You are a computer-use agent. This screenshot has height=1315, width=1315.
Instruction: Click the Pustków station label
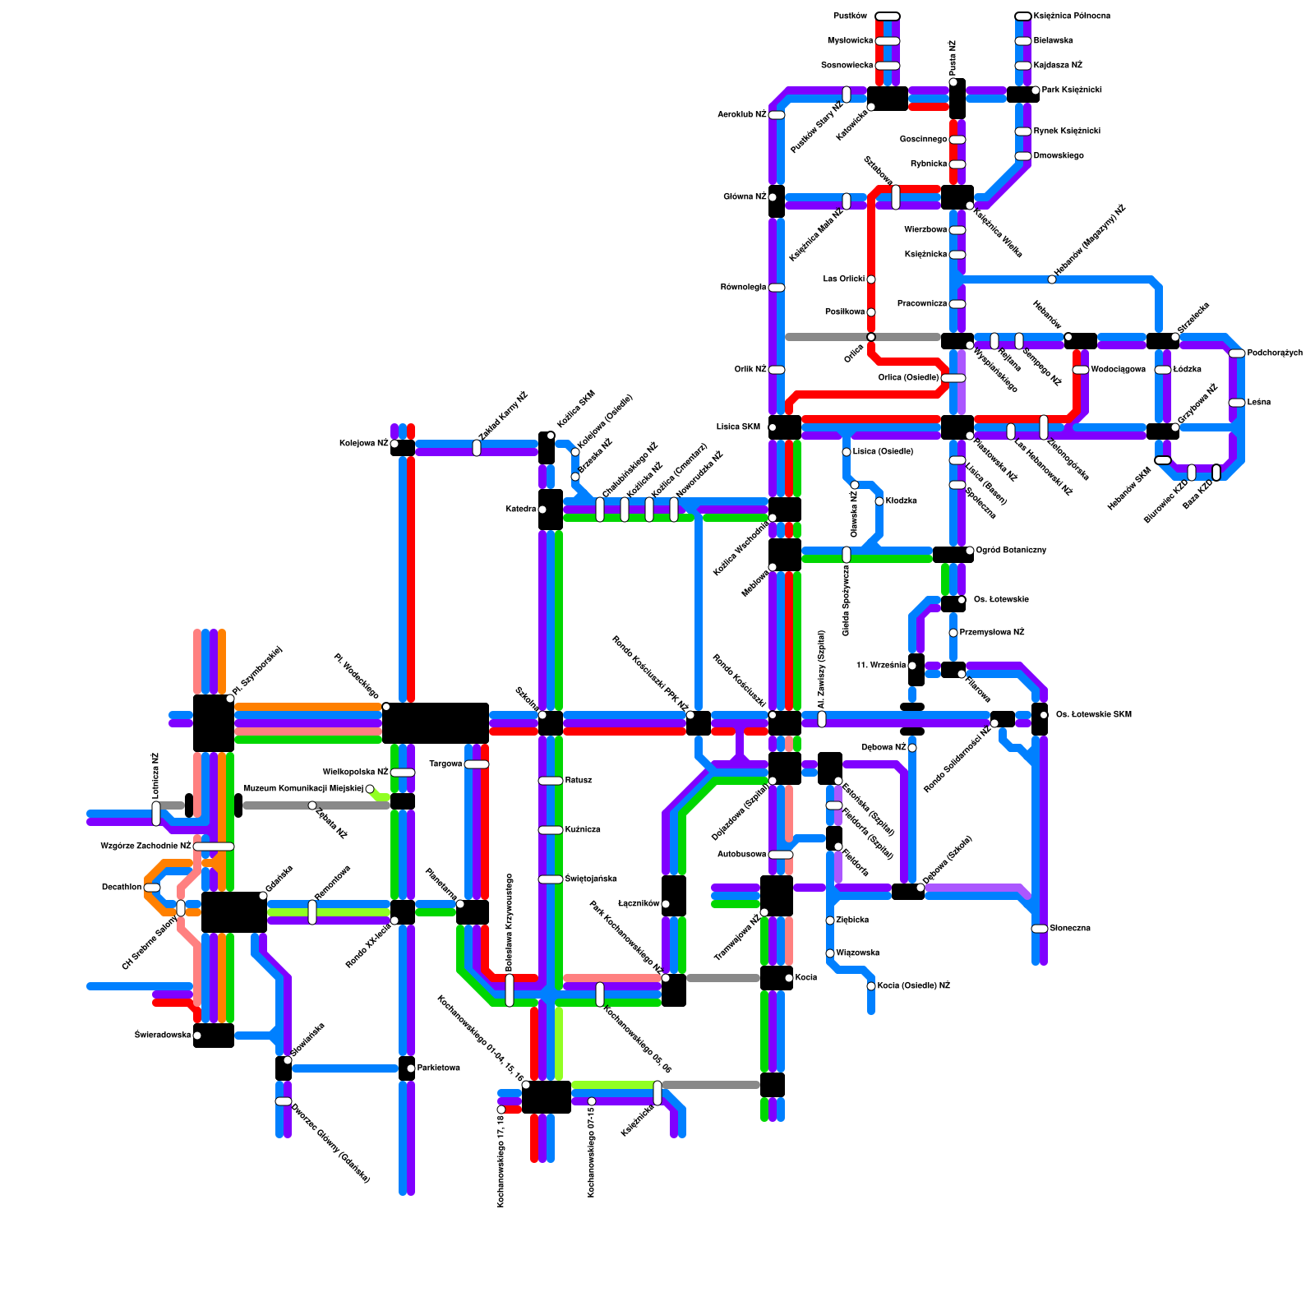[850, 16]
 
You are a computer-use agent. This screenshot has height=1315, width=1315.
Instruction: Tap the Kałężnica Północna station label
[1072, 16]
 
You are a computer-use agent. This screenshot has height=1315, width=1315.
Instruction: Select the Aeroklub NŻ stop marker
[777, 115]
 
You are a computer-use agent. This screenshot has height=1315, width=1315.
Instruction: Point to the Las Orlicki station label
[844, 279]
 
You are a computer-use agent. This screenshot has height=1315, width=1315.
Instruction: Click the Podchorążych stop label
[1275, 353]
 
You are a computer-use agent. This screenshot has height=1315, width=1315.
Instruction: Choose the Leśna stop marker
[1237, 403]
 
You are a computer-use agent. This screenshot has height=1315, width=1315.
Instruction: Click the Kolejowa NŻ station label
[363, 444]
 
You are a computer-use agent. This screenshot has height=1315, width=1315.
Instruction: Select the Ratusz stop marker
[551, 781]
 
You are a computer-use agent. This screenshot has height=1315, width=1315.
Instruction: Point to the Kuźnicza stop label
[583, 830]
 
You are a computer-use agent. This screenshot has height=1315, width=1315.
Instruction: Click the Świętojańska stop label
[591, 879]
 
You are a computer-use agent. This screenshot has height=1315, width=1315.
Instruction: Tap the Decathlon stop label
[122, 888]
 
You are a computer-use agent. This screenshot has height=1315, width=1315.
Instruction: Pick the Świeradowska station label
[163, 1036]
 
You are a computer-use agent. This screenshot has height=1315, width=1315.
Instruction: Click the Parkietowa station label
[439, 1068]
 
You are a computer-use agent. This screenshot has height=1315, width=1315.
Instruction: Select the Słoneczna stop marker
[1040, 929]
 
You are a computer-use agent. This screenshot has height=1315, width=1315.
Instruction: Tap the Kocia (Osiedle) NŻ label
[914, 986]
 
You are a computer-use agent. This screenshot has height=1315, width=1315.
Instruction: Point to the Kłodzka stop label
[902, 501]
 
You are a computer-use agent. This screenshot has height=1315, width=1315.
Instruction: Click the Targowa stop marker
[477, 764]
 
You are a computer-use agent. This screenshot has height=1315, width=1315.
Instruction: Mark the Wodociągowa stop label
[1119, 370]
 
